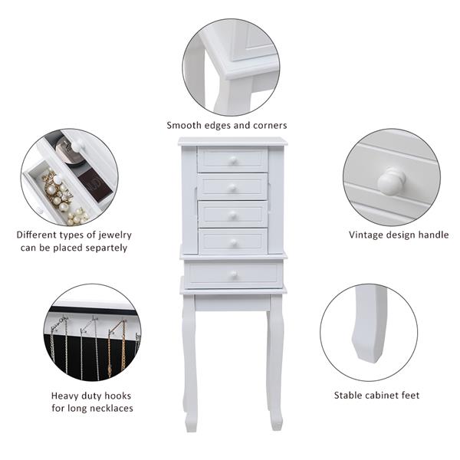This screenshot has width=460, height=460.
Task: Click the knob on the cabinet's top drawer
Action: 233,160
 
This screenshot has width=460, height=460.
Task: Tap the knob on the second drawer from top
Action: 232,188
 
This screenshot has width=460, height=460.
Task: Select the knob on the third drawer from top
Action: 232,215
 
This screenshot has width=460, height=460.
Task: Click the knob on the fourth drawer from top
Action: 234,242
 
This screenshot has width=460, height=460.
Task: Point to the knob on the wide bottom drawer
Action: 234,274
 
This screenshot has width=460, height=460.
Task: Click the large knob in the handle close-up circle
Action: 391,181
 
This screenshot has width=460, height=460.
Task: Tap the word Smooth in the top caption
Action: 184,125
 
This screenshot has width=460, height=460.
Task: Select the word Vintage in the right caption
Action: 366,235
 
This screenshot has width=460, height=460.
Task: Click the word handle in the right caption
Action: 433,235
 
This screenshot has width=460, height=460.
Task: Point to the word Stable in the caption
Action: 347,395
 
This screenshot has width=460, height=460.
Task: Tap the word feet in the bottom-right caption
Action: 410,395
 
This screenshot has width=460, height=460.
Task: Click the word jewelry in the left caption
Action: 115,235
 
